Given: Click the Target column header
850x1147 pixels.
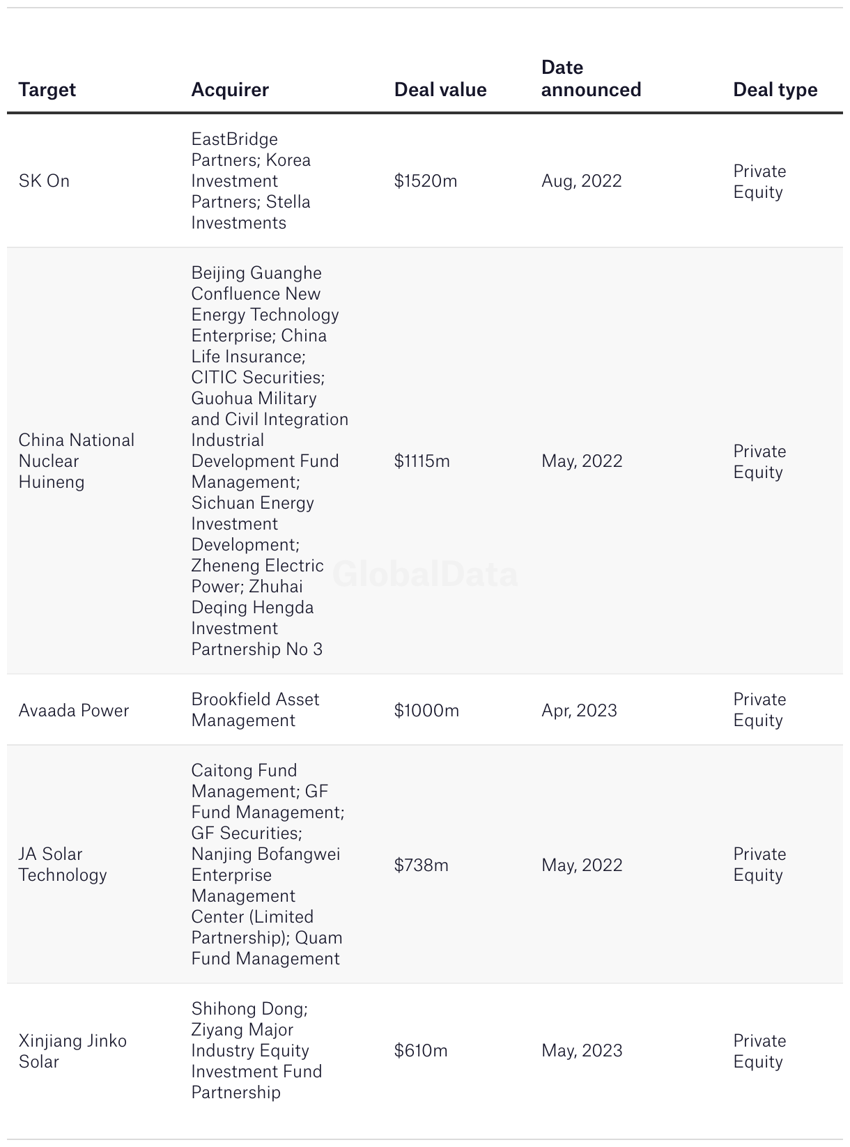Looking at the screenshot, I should pos(47,90).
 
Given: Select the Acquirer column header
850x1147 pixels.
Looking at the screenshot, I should pos(230,90).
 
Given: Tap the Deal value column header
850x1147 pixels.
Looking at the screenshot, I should pos(440,90).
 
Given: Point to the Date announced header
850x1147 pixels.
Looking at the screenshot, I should pos(591,79).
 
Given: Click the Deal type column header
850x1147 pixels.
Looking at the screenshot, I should pos(775,90).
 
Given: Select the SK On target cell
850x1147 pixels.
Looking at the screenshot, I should pos(44,181).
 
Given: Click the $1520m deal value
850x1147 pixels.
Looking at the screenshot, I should pos(426,181).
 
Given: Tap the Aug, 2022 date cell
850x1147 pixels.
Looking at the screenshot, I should pos(581,181).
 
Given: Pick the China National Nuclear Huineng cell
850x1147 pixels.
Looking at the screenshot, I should pos(76,461).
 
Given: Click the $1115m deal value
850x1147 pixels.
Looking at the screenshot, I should pos(422,461).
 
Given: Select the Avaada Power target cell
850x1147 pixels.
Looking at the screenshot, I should pos(74,711).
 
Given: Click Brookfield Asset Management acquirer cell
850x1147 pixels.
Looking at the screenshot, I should pos(255,710).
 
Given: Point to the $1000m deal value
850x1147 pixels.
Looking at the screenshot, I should pos(426,711).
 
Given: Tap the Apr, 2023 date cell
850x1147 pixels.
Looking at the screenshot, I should pos(579,711).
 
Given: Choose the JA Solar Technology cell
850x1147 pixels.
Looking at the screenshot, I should pos(63,865).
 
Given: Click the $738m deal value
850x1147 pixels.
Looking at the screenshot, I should pos(421,865).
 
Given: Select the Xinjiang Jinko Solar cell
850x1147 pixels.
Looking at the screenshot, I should pos(72,1052).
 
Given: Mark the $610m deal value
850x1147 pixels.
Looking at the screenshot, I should pos(421,1051).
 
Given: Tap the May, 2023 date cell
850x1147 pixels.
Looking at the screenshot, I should pos(582,1051).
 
